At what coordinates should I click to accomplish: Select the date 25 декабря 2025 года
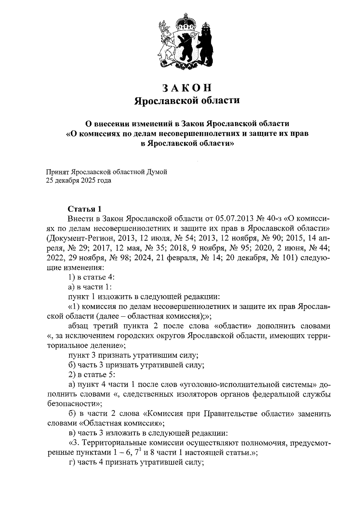[x=78, y=181]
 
